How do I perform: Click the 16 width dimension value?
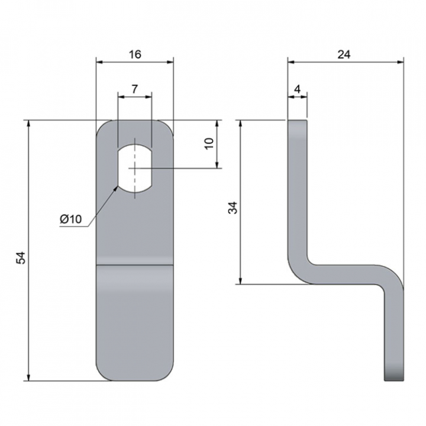pyautogui.click(x=135, y=54)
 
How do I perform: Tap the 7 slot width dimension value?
pyautogui.click(x=135, y=89)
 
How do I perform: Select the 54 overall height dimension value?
pyautogui.click(x=21, y=258)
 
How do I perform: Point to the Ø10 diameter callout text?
pyautogui.click(x=70, y=219)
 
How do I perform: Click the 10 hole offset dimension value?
pyautogui.click(x=209, y=143)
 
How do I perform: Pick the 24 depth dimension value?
pyautogui.click(x=344, y=54)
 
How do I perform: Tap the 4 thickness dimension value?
pyautogui.click(x=298, y=89)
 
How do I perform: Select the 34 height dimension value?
pyautogui.click(x=233, y=208)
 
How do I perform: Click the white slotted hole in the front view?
pyautogui.click(x=135, y=169)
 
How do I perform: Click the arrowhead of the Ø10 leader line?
pyautogui.click(x=116, y=189)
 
